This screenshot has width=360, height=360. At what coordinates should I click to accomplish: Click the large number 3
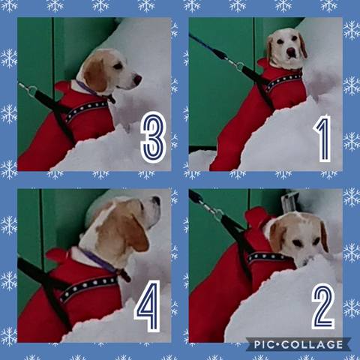(153, 136)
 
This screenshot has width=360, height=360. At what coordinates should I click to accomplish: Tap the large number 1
(323, 138)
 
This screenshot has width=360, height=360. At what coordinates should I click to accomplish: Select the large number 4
(148, 306)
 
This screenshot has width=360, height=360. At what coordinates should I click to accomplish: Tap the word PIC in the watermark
(264, 345)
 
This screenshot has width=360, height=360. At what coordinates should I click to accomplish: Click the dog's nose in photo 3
(138, 79)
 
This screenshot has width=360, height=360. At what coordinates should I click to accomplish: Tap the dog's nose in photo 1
(291, 52)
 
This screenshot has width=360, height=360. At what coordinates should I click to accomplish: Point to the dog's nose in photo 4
(157, 200)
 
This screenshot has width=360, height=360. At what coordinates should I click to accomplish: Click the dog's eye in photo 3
(118, 66)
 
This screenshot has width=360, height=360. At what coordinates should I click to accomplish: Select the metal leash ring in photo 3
(32, 91)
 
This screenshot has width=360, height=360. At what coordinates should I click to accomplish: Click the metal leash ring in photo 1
(240, 67)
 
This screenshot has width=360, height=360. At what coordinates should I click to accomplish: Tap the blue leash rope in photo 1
(202, 44)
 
